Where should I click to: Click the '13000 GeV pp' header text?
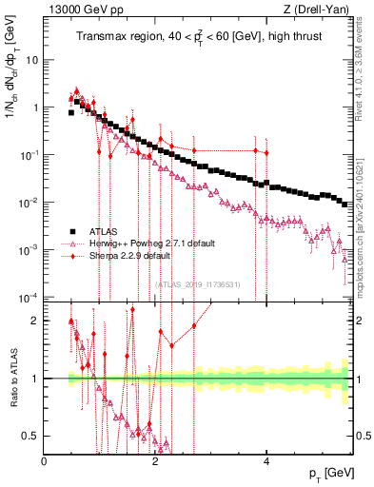pos(78,9)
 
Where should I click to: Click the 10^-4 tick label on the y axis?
pos(29,297)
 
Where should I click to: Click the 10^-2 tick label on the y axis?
pos(29,202)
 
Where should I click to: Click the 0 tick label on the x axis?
pos(44,460)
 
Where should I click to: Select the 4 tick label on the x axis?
pos(266,460)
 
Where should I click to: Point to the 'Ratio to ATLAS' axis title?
pos(10,379)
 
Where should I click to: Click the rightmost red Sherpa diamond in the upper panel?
pos(266,153)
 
